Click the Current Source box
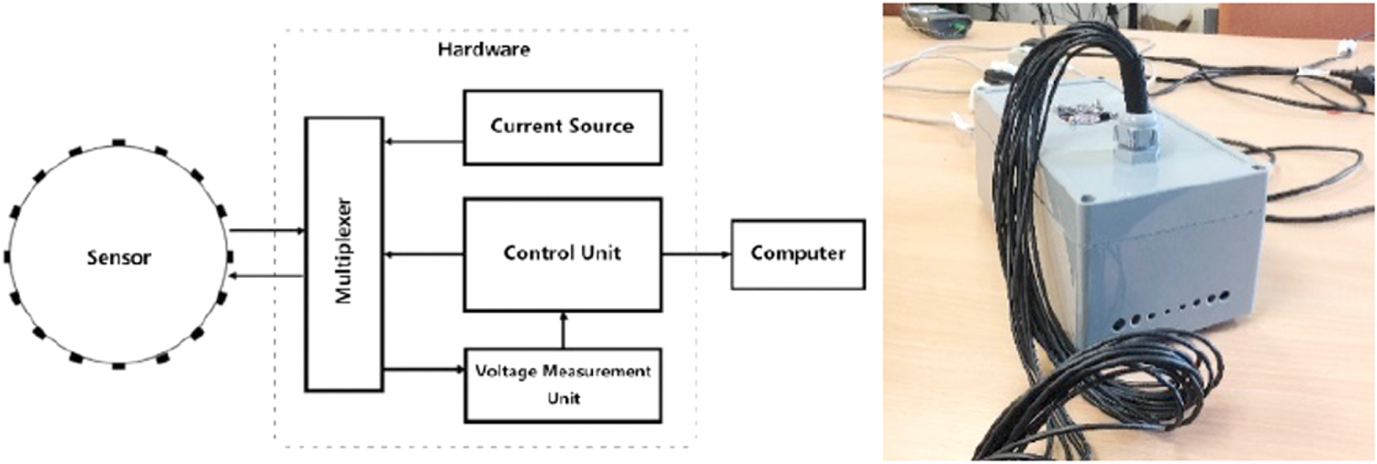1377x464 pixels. tap(562, 127)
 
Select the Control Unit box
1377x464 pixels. tap(562, 254)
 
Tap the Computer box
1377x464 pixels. tap(797, 254)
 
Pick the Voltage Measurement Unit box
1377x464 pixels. tap(562, 384)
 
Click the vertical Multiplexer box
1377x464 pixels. tap(342, 254)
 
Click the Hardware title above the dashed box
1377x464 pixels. tap(483, 51)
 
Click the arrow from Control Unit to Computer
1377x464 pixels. tap(695, 254)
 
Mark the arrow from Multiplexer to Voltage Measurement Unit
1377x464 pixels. tap(422, 370)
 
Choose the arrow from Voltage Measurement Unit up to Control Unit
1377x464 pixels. tap(564, 329)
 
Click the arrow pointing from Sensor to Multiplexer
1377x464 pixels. tap(266, 232)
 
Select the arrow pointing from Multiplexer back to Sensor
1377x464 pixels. tap(266, 274)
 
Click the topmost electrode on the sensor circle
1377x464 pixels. tap(118, 143)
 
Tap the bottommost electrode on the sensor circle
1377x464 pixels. tap(118, 365)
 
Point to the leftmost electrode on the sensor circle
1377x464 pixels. tap(7, 256)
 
